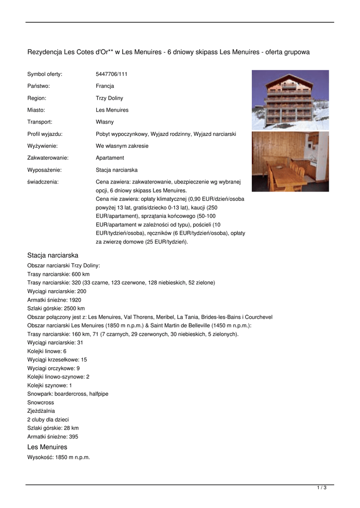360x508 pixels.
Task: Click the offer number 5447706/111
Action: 112,74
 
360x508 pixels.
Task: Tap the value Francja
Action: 105,86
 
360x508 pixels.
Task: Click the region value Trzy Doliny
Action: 109,98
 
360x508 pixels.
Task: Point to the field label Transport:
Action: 40,122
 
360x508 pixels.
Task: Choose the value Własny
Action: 105,122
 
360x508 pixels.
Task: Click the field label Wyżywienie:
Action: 42,146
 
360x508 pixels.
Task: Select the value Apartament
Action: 110,158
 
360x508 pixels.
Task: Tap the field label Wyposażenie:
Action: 44,170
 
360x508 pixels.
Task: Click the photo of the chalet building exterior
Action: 290,100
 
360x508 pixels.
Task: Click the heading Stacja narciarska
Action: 53,255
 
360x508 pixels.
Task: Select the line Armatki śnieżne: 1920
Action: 54,300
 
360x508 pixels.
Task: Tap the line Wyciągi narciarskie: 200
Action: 57,291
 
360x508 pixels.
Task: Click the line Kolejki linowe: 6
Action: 47,351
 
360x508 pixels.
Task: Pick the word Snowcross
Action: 41,402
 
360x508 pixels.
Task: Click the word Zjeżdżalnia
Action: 41,411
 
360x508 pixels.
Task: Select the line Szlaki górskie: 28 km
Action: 53,428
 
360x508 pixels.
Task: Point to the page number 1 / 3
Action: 322,488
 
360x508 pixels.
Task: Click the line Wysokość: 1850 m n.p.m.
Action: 59,457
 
